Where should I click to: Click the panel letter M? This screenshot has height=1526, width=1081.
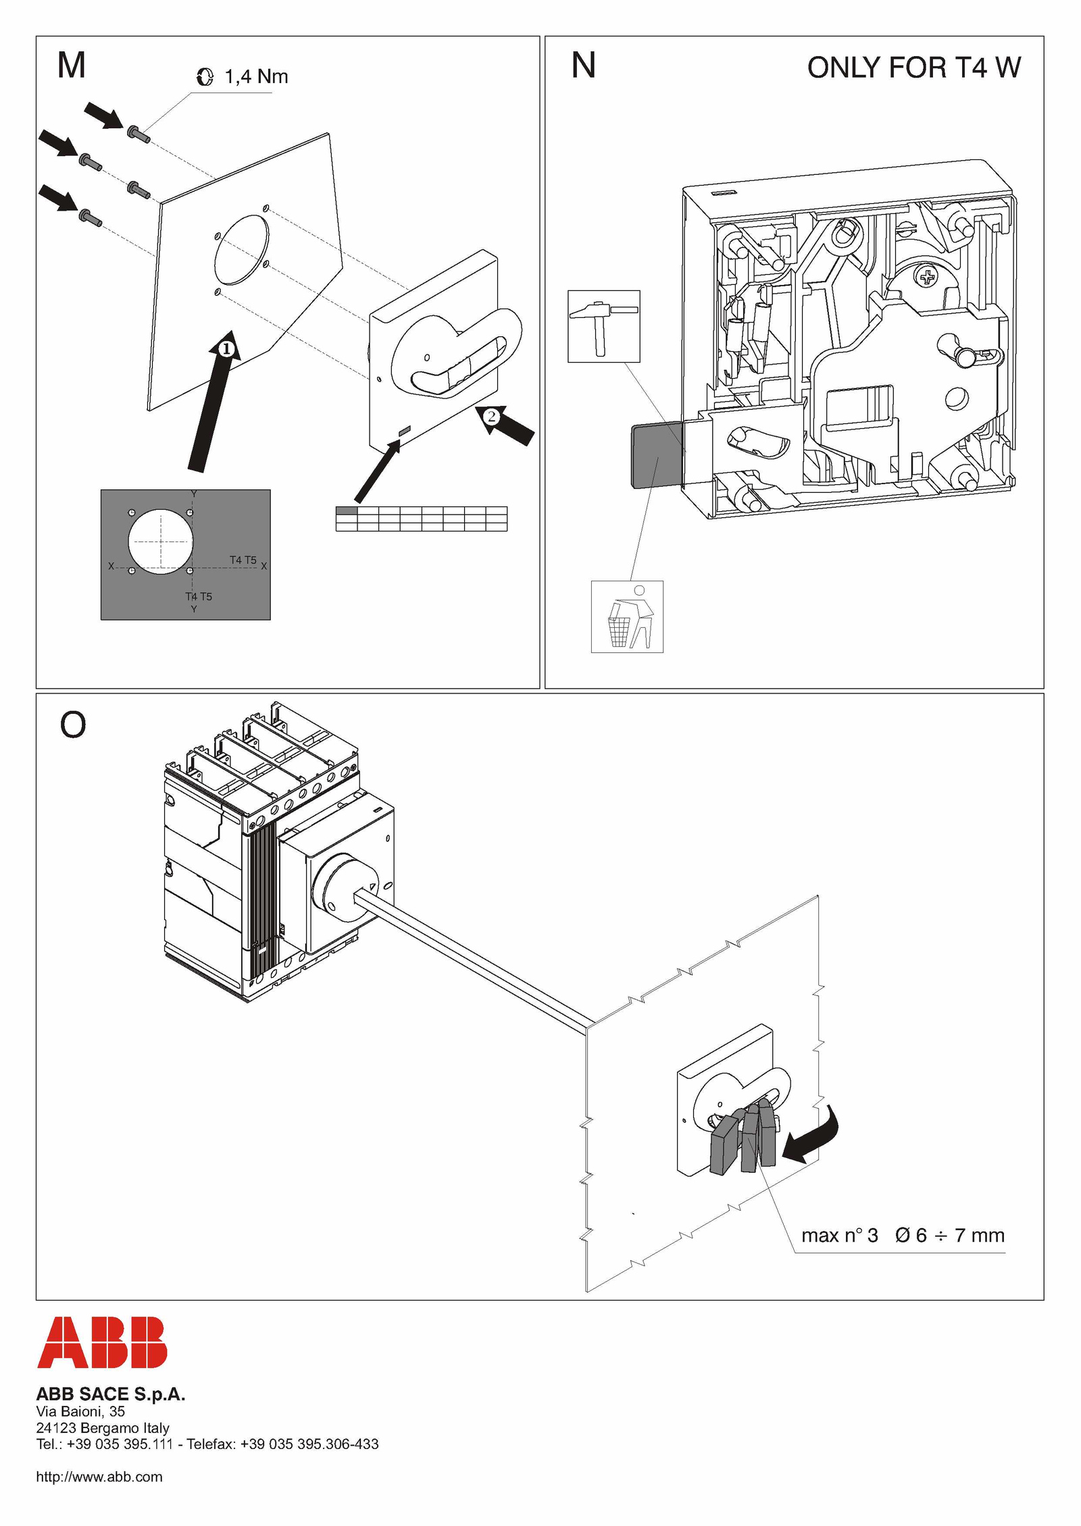72,65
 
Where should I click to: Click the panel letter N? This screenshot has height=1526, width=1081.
583,65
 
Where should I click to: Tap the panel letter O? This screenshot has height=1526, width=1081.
73,725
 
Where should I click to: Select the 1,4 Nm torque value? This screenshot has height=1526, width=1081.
256,77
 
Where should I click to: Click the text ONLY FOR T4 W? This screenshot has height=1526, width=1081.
913,68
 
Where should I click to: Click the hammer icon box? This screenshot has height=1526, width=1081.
603,326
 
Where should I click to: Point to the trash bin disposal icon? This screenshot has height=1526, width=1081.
627,616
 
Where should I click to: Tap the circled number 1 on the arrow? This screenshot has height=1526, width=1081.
227,348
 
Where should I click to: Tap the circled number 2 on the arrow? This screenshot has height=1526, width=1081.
492,416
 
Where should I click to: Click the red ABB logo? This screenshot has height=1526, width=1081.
102,1342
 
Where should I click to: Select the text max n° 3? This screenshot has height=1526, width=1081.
839,1235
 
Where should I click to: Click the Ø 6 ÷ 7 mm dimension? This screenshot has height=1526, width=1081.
949,1235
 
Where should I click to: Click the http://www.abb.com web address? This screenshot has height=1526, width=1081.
99,1477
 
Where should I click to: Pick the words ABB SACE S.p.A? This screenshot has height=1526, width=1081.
111,1394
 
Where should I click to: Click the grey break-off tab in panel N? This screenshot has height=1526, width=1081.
656,455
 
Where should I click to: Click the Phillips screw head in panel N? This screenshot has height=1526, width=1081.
926,276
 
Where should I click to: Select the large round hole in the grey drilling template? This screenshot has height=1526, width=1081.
161,542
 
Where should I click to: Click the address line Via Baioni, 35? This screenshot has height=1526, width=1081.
80,1411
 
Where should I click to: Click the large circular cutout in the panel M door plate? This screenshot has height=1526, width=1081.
241,248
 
